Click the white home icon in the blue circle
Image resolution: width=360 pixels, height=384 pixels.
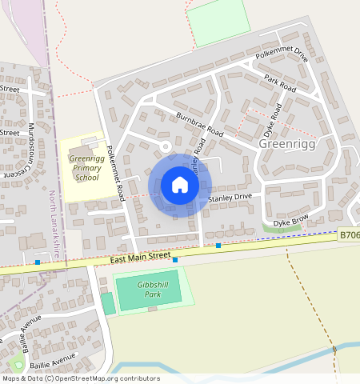point(180,185)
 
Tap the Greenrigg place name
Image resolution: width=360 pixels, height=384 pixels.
point(290,144)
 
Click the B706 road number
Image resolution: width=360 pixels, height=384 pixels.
point(348,235)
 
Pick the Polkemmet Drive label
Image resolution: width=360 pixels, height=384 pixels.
point(282,55)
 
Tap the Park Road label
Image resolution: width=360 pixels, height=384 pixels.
point(280,85)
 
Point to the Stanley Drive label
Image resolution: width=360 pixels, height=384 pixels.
point(230,197)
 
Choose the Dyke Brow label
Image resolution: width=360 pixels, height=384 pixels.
point(291,222)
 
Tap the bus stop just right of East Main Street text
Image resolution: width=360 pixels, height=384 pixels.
point(175,260)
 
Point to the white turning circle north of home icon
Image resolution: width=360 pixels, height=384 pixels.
point(166,146)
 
